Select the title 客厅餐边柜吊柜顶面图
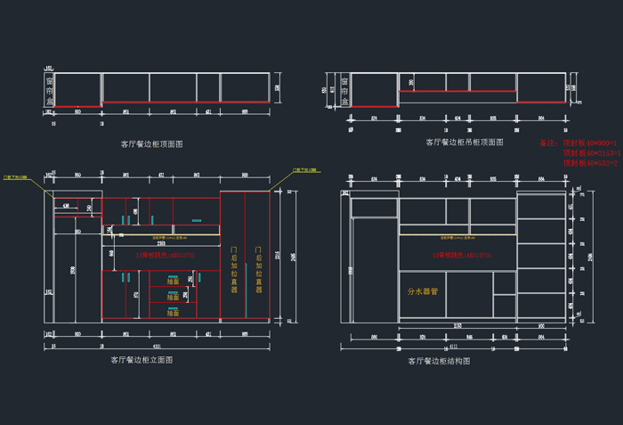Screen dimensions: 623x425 coord(464,142)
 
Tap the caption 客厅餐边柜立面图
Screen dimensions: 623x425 coord(142,360)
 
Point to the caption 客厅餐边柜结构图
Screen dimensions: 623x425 coord(439,361)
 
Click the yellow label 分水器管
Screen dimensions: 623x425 coord(423,290)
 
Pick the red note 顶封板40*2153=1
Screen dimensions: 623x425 coord(592,153)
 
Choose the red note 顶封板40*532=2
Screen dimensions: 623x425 coord(592,163)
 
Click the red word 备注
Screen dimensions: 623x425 coord(548,143)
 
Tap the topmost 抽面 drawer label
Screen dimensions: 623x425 coord(173,281)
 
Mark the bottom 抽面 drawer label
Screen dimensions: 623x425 coord(173,313)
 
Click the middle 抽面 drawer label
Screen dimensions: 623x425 coord(173,297)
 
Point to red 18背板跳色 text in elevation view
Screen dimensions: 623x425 coord(165,255)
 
